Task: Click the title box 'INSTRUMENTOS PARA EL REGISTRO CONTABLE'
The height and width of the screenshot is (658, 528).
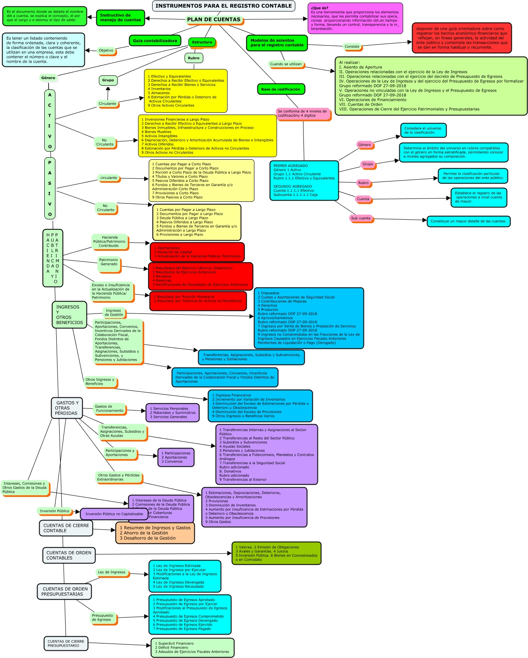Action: coord(224,6)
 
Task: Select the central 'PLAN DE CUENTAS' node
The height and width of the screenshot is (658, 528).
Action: coord(214,20)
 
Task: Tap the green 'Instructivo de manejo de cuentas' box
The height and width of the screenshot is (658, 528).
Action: coord(120,18)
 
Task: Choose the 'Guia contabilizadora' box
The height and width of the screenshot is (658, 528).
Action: coord(155,41)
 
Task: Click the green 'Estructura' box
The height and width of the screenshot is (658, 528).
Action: coord(202,42)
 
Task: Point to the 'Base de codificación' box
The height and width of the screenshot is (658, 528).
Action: coord(280,89)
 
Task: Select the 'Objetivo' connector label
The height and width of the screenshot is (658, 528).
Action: coord(106,51)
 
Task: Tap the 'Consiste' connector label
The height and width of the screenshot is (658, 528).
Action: coord(352,46)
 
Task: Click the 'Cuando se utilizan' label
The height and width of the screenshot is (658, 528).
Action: coord(286,64)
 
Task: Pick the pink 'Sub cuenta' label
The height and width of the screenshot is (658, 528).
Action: coord(361,218)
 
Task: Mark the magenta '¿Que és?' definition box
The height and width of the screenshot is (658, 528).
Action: coord(355,18)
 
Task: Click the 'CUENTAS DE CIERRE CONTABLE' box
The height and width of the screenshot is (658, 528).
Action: coord(66,528)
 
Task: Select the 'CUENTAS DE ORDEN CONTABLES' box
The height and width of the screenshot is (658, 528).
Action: coord(69,555)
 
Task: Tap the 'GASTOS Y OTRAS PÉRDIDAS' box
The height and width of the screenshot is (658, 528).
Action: coord(67,408)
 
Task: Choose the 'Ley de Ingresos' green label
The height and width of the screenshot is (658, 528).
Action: coord(112,572)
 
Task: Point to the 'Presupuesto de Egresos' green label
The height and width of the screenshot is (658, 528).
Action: coord(103,618)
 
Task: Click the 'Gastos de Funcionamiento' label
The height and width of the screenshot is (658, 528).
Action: coord(109,409)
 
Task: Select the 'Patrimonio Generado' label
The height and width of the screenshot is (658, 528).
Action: coord(108,262)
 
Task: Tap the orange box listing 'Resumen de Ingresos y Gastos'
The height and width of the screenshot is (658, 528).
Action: coord(155,533)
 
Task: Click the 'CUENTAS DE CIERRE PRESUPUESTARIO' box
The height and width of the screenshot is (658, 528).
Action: coord(66,644)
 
